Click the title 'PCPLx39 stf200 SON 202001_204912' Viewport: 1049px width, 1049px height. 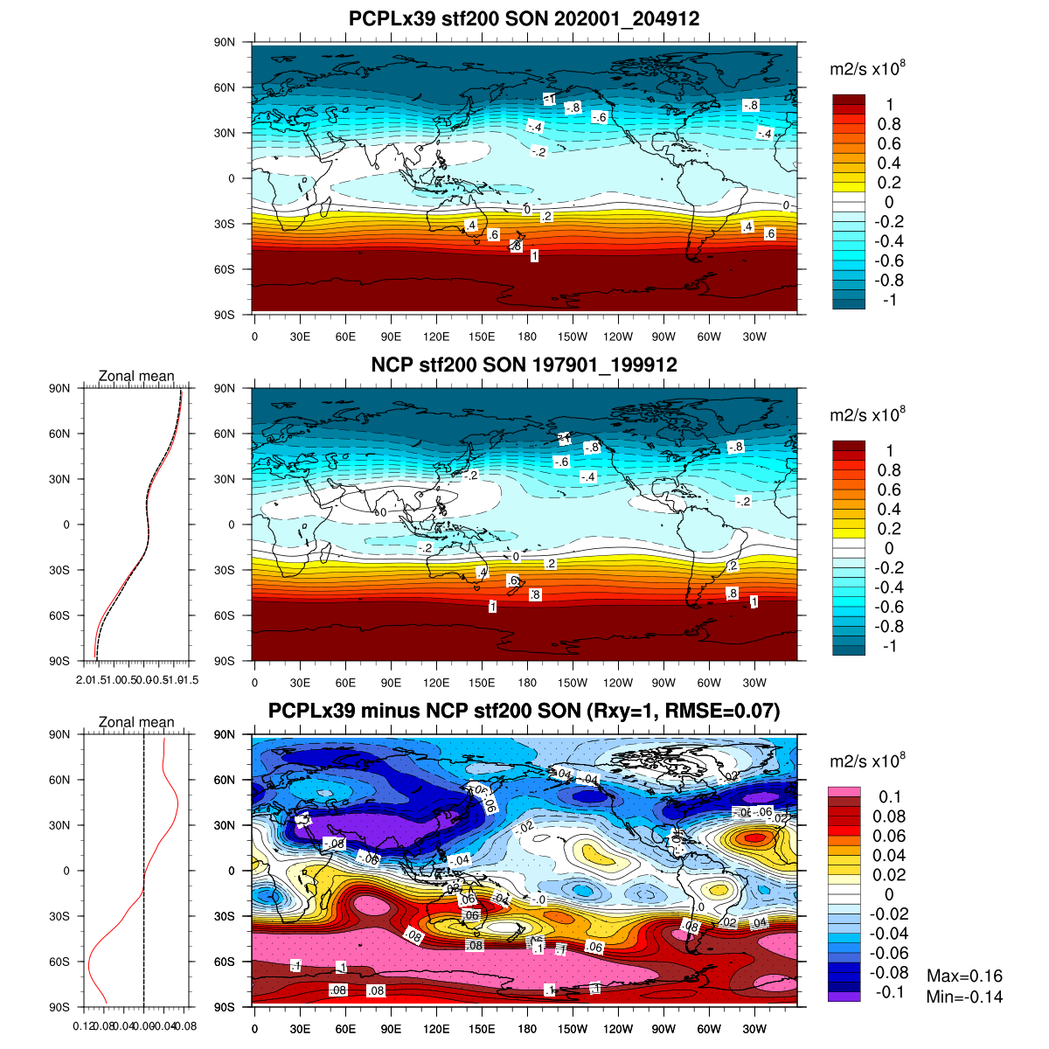coord(524,18)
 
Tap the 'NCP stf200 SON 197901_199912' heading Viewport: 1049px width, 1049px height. coord(524,365)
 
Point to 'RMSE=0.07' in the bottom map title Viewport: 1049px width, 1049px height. coord(720,711)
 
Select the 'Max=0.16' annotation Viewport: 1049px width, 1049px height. coord(964,976)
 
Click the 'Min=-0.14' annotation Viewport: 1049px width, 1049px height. coord(964,997)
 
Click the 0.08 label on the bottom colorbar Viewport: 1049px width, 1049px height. coord(889,816)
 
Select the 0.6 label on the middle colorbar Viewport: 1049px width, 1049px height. coord(889,490)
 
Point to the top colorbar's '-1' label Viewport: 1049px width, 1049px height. coord(889,300)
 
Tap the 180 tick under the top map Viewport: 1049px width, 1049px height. coord(527,337)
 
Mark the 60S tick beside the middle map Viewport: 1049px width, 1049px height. coord(225,615)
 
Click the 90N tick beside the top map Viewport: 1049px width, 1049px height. coord(225,42)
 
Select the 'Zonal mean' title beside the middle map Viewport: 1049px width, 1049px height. coord(136,376)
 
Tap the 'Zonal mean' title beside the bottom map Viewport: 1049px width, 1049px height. coord(136,722)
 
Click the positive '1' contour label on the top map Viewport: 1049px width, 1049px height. coord(534,256)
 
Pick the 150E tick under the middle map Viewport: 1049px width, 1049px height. coord(482,684)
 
